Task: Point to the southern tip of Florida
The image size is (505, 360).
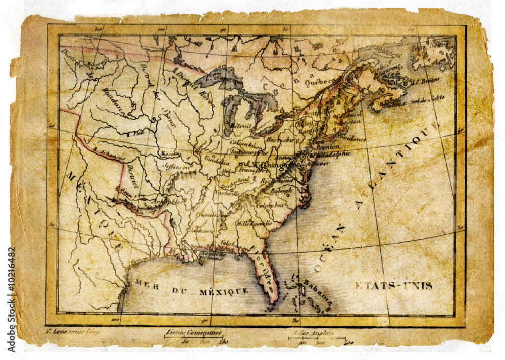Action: [273, 303]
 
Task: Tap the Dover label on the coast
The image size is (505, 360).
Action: [320, 163]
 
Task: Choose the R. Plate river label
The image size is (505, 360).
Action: [135, 134]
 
